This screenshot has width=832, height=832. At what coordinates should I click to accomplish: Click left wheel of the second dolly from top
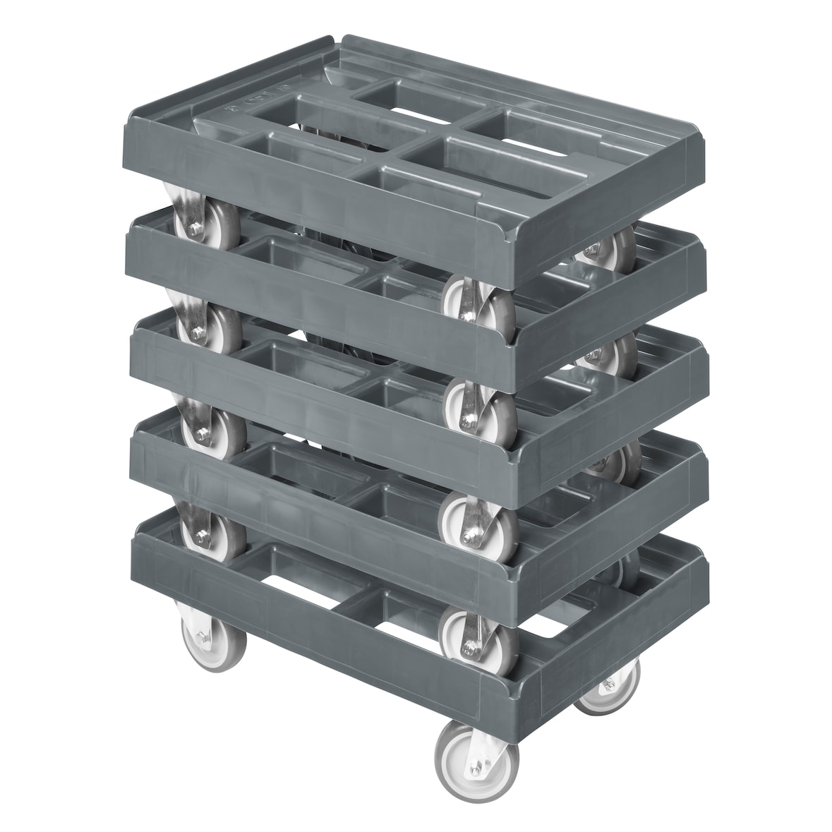click(209, 325)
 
